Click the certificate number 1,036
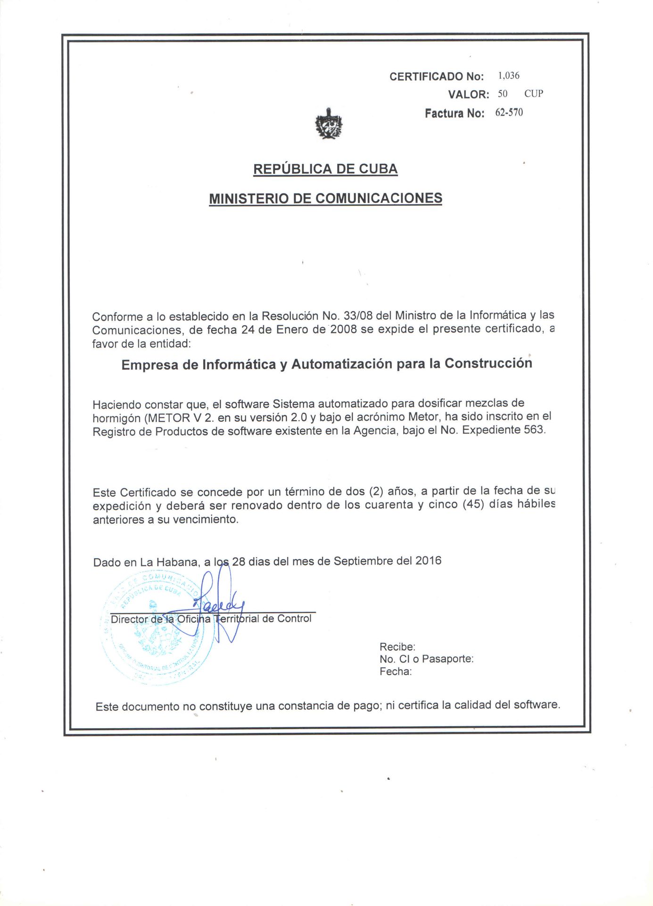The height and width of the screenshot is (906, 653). click(508, 75)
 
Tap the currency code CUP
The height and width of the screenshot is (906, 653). click(534, 93)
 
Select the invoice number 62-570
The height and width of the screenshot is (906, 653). click(509, 112)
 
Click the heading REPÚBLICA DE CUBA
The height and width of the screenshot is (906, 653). click(325, 169)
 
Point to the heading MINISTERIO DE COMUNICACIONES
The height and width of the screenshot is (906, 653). click(325, 198)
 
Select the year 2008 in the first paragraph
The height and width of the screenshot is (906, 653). click(343, 329)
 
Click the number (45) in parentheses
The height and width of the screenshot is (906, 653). click(473, 504)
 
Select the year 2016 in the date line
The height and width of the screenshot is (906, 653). click(428, 561)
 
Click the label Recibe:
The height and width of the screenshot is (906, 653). click(397, 647)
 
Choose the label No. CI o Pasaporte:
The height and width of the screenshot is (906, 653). click(426, 659)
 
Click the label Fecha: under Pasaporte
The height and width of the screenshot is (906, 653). click(396, 671)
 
